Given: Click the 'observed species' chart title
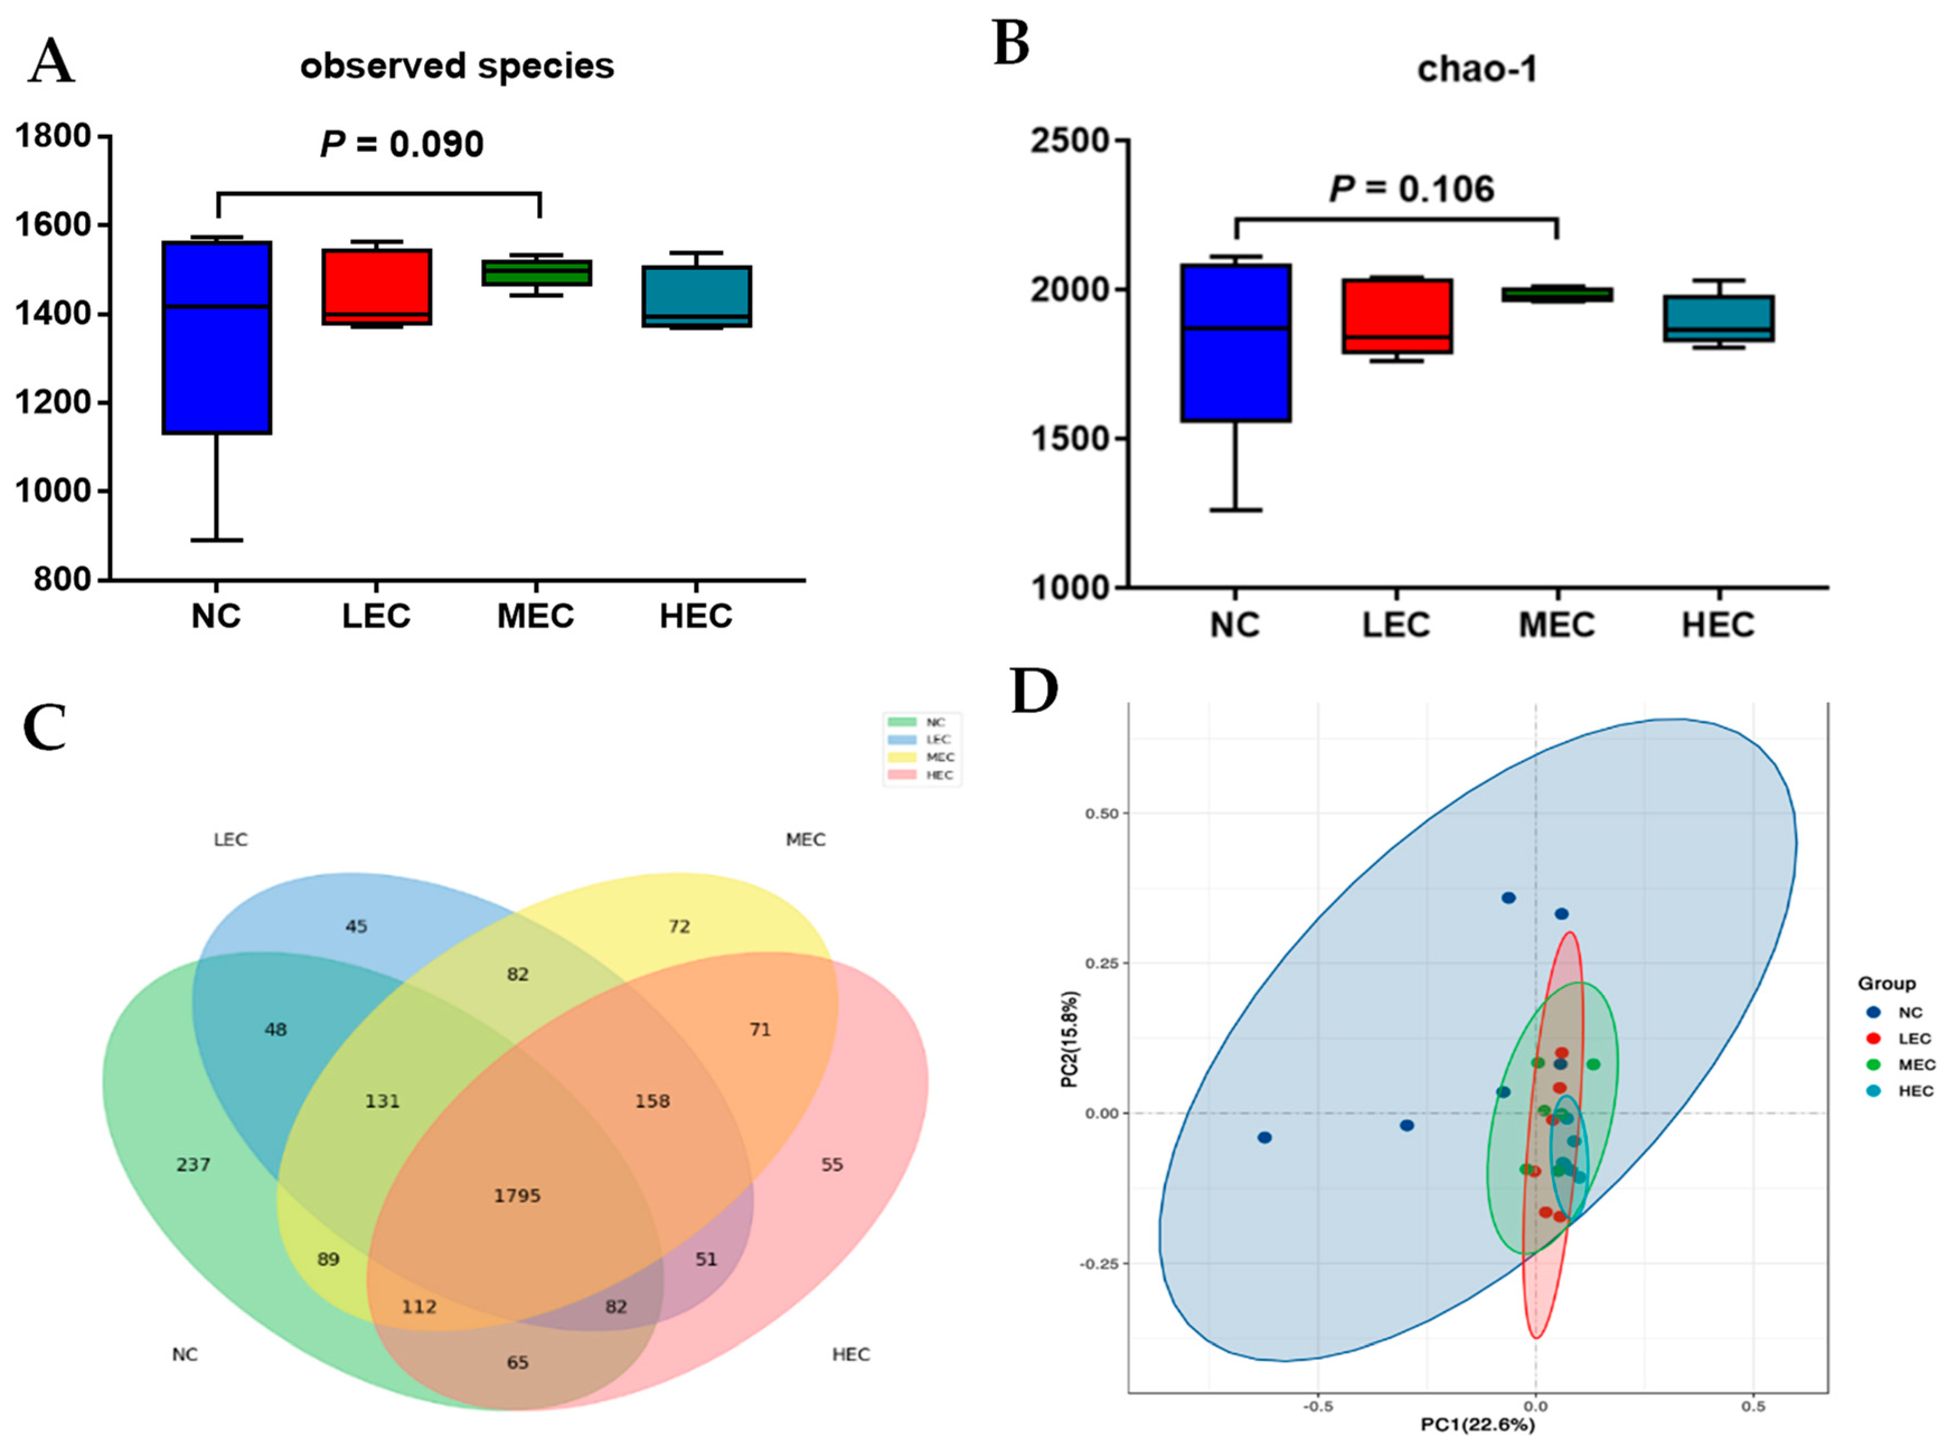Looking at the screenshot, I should pyautogui.click(x=457, y=67).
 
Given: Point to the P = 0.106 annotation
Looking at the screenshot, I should pyautogui.click(x=1411, y=189).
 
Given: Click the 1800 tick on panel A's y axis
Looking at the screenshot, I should pyautogui.click(x=54, y=136).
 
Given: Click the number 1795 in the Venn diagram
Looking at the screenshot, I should pyautogui.click(x=517, y=1195).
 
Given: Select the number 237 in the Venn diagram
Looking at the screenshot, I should pyautogui.click(x=193, y=1164).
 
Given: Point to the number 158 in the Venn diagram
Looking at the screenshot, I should pyautogui.click(x=652, y=1101).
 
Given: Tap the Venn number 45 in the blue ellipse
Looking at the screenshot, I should pyautogui.click(x=356, y=926).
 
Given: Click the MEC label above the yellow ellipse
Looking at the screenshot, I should pyautogui.click(x=805, y=840).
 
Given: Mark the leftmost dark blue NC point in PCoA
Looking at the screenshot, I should pyautogui.click(x=1264, y=1138).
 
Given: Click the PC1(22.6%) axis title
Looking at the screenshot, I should pyautogui.click(x=1478, y=1425).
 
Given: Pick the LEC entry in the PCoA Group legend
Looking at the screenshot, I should pyautogui.click(x=1902, y=1038).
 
